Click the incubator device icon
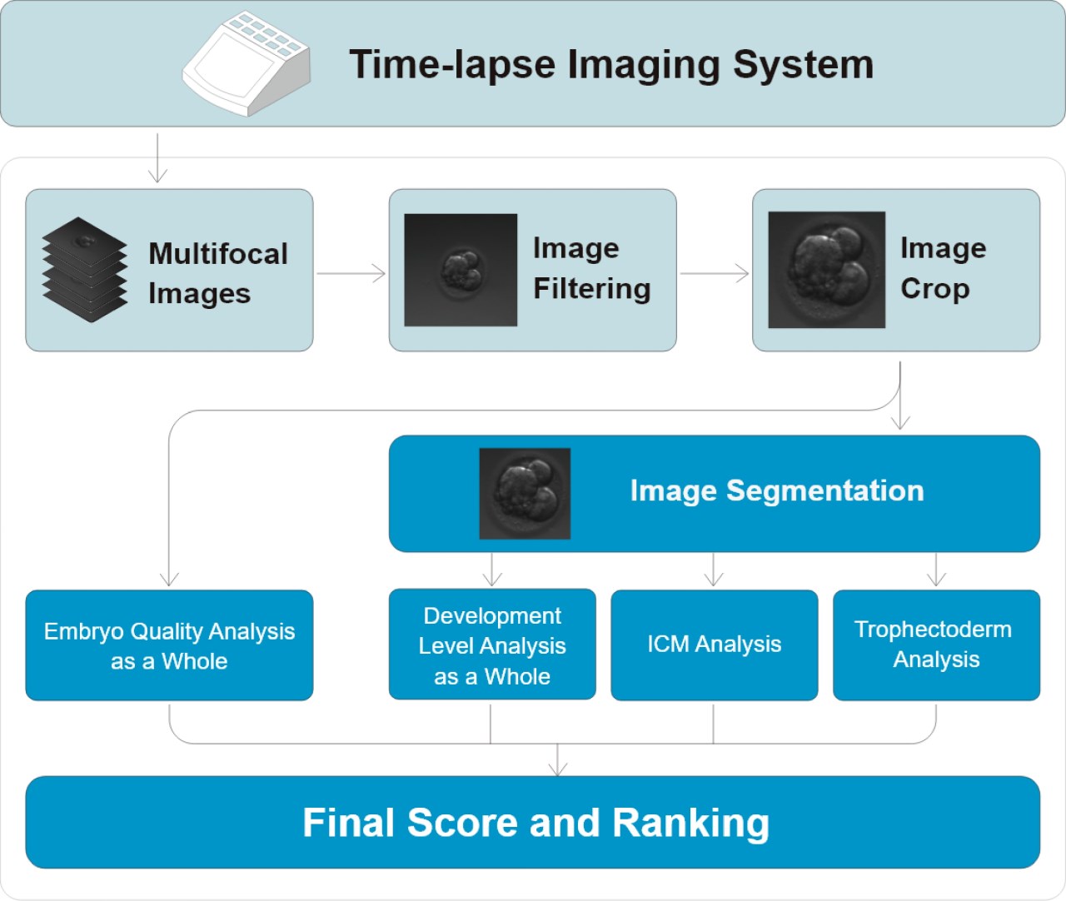[247, 63]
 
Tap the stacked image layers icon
[85, 269]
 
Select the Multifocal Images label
[218, 273]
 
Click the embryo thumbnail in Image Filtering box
[461, 270]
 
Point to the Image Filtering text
[592, 268]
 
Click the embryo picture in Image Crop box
[827, 269]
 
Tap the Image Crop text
[944, 268]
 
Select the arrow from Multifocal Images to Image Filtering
[351, 273]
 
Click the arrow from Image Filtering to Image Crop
[715, 273]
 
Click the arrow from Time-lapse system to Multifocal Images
[157, 158]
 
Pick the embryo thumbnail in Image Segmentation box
[525, 494]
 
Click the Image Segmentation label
[777, 490]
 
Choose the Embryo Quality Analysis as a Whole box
[169, 645]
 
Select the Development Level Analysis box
[492, 645]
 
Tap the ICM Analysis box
[715, 645]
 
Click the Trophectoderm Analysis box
[936, 645]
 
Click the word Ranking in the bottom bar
[690, 823]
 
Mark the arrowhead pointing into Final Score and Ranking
[557, 769]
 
